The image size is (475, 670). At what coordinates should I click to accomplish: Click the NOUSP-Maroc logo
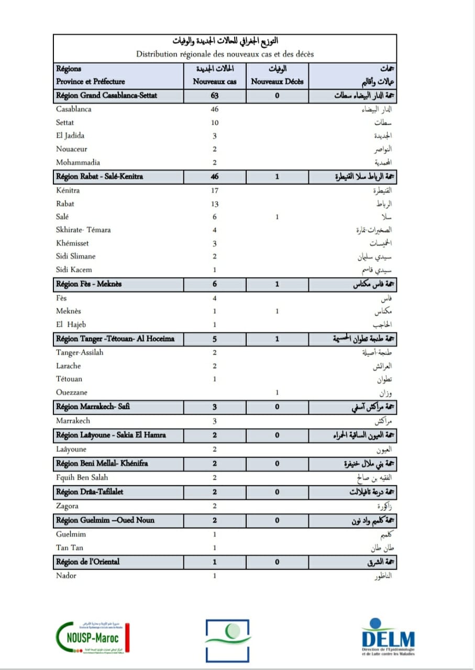pos(92,637)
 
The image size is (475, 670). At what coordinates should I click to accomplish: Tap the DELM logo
pos(388,638)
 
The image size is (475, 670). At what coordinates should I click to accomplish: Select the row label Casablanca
pos(74,109)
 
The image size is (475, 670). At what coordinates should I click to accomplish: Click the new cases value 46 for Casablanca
pos(214,109)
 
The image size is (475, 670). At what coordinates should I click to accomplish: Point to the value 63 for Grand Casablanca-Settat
pos(214,95)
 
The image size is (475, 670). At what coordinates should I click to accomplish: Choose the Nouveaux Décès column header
pos(277,82)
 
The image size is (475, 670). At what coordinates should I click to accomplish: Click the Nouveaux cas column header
pos(214,82)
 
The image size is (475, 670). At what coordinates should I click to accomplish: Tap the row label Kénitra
pos(68,191)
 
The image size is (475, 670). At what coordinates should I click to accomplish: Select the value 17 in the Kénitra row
pos(214,191)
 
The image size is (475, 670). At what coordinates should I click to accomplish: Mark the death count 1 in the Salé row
pos(277,217)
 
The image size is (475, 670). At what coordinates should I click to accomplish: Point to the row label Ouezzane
pos(72,392)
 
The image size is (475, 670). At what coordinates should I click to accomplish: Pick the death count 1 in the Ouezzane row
pos(277,392)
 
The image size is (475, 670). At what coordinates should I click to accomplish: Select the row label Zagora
pos(68,506)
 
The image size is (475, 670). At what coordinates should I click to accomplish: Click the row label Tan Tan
pos(70,548)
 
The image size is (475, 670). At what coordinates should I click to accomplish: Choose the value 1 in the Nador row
pos(214,576)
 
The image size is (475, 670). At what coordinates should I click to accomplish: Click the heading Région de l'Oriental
pos(88,562)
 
